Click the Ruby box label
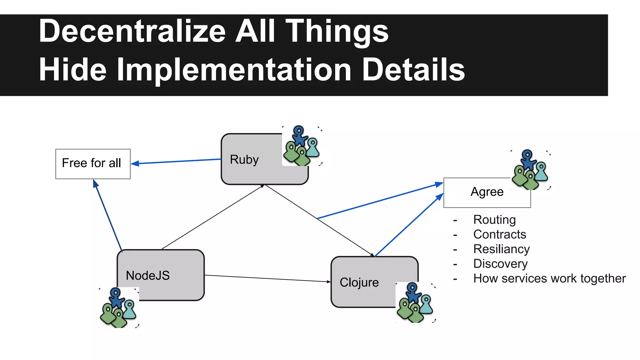[x=244, y=160]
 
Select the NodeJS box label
[x=147, y=276]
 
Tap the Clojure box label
[x=359, y=282]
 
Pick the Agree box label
[x=487, y=192]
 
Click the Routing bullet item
[x=494, y=220]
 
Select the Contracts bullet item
[x=499, y=234]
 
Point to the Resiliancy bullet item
[x=501, y=249]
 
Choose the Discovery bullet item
[x=500, y=264]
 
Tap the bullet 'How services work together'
[x=549, y=278]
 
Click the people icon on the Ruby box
[x=302, y=146]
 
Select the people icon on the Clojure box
[x=415, y=302]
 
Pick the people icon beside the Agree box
[x=531, y=170]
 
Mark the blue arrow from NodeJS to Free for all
[x=108, y=216]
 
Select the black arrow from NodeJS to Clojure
[x=267, y=278]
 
